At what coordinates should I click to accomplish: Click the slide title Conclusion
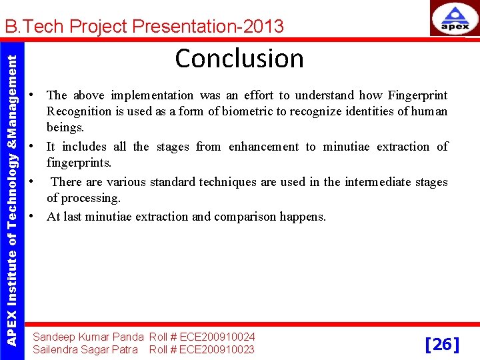(239, 59)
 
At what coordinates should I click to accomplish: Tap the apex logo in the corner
(454, 18)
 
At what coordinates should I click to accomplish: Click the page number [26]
(442, 344)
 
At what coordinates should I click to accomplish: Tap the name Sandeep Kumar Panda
(88, 337)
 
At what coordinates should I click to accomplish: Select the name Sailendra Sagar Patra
(85, 349)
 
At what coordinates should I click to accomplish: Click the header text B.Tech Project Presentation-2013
(144, 27)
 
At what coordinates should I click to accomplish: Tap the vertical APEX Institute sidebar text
(12, 191)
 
